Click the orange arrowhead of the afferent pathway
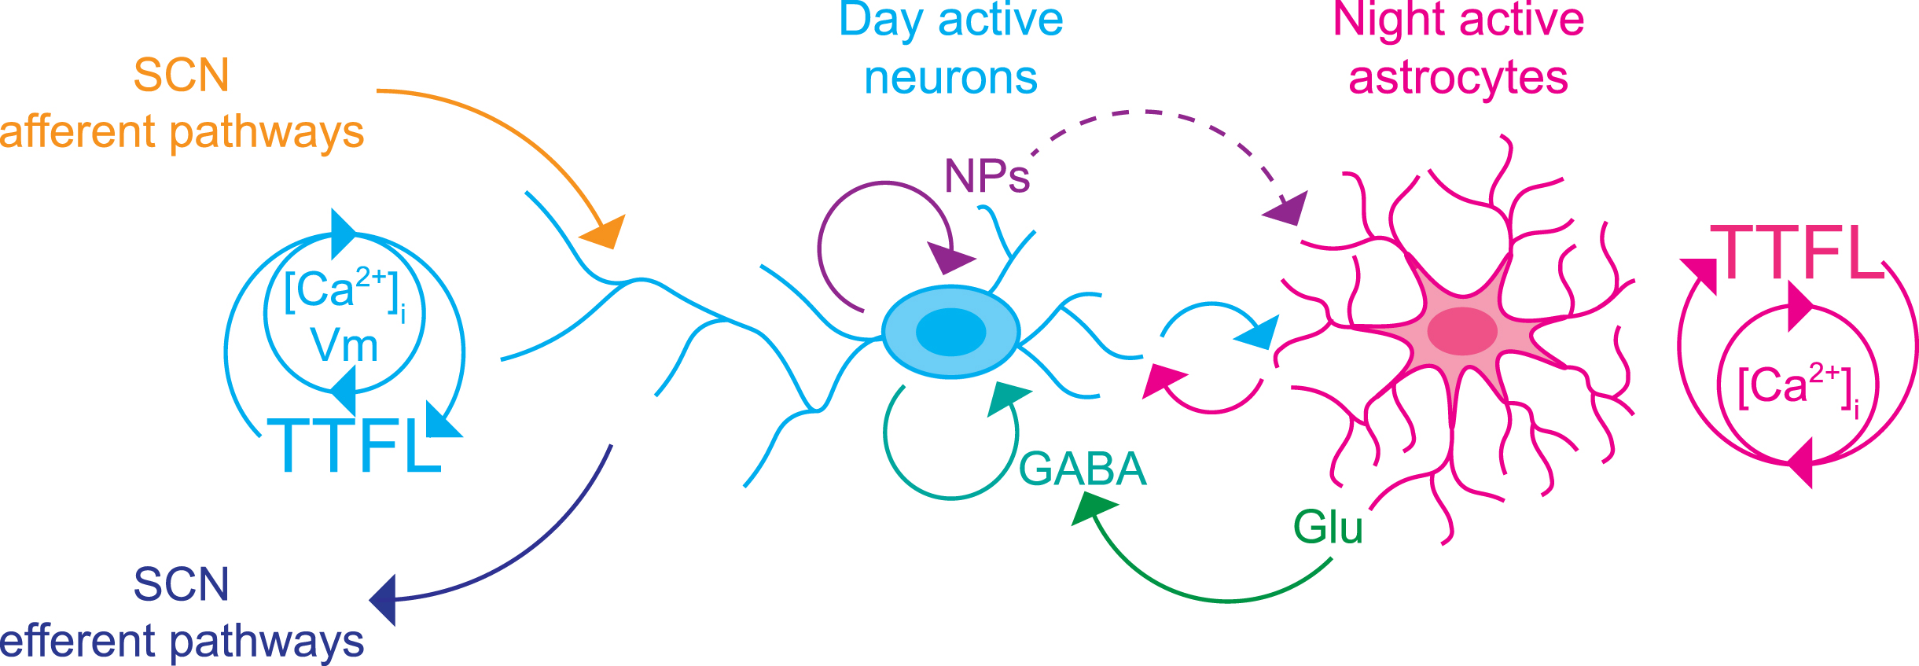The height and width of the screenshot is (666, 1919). coord(605,232)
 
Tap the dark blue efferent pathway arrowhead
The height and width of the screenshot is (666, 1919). coord(384,600)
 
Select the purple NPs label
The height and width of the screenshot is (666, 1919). coord(987,176)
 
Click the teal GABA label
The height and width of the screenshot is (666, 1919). coord(1083,469)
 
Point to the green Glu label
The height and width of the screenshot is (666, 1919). coord(1328,527)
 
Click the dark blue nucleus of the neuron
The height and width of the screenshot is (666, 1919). coord(950,332)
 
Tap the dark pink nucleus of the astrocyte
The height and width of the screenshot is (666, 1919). coord(1462,331)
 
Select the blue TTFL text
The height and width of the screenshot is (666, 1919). coord(354,445)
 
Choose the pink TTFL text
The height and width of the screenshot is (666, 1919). coord(1797,252)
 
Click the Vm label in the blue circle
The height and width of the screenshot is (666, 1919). coord(344,345)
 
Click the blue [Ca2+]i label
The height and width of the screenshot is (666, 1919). coord(344,292)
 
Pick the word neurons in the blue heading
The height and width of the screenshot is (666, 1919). coord(950,78)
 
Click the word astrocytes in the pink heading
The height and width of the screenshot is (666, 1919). coord(1458,78)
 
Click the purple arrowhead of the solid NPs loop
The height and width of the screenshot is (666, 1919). coord(950,257)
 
